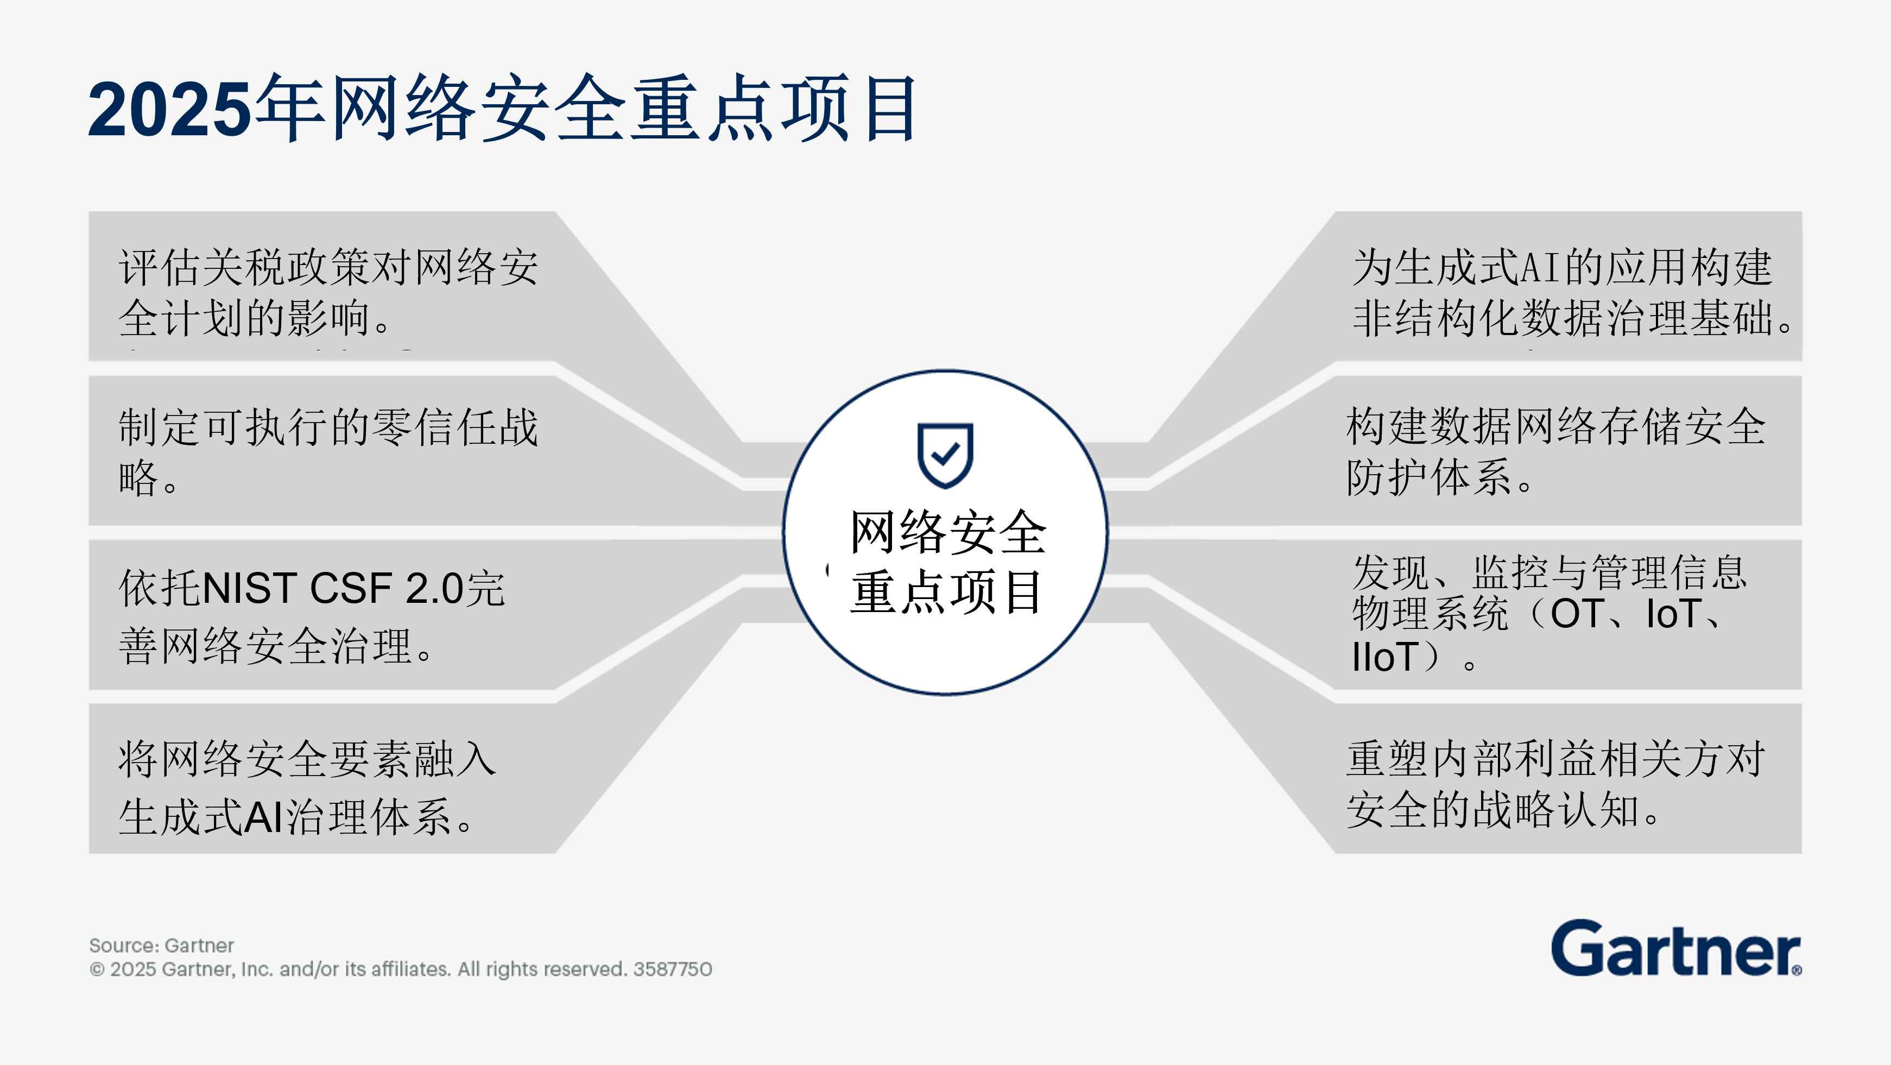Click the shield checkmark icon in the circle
945,455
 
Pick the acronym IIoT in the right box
1384,657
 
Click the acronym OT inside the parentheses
1576,614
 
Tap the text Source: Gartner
161,946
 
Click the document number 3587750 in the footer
673,969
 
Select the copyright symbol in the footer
97,969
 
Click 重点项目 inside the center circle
946,592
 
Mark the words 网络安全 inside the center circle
947,532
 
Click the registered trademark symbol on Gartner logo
1797,971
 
